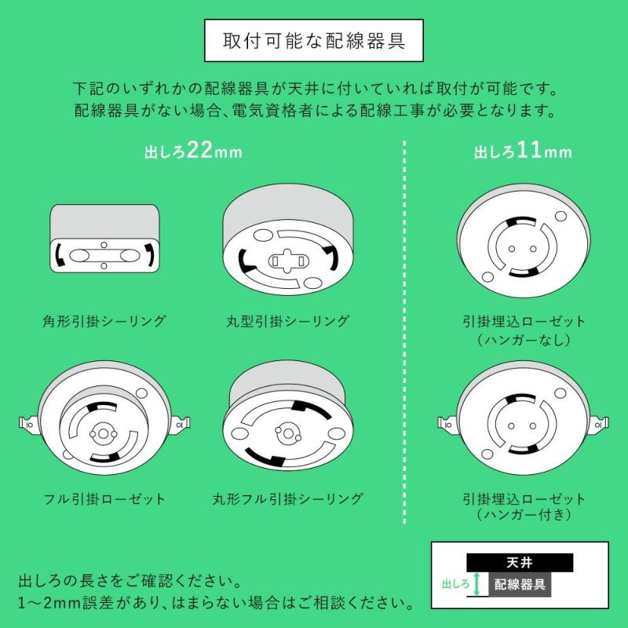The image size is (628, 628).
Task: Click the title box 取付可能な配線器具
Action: click(314, 41)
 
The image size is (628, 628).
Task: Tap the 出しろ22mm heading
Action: click(193, 151)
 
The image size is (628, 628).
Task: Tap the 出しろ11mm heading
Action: click(523, 151)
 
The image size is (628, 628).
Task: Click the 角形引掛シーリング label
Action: click(104, 321)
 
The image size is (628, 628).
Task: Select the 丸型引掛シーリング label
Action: click(288, 321)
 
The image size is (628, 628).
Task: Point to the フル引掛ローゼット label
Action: click(104, 498)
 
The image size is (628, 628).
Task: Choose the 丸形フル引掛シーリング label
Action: click(288, 498)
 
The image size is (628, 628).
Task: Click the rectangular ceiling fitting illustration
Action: click(104, 239)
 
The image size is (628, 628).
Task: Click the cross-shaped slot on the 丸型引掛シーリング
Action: click(288, 261)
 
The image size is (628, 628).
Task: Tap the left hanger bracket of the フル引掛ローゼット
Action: click(29, 424)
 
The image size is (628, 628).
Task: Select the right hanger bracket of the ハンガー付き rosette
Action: click(599, 424)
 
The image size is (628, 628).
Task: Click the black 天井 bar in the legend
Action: click(520, 563)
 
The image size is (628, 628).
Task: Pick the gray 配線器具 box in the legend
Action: click(520, 584)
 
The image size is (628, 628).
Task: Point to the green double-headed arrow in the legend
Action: click(476, 584)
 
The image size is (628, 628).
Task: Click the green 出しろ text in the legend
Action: click(455, 584)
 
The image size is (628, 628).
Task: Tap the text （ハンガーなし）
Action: click(524, 340)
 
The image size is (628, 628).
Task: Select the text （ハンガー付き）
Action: click(524, 514)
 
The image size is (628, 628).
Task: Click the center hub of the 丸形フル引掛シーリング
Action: click(287, 433)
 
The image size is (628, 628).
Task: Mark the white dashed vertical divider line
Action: click(404, 332)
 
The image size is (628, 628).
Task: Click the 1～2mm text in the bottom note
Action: click(49, 603)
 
